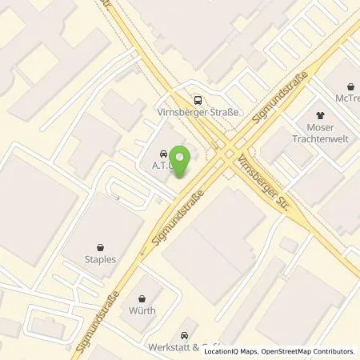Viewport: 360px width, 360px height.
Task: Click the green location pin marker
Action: point(181,162)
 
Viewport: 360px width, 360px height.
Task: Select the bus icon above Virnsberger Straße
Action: point(197,101)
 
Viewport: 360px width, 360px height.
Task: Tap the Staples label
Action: point(100,260)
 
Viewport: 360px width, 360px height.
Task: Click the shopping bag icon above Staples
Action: point(100,246)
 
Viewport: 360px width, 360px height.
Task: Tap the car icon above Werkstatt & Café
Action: point(185,335)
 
